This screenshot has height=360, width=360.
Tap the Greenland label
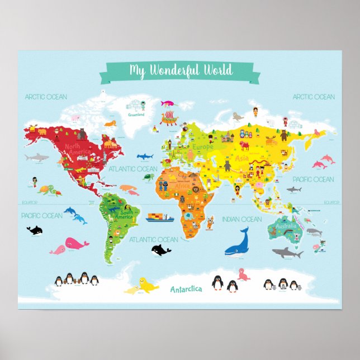tap(136, 115)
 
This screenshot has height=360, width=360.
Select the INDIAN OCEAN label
tap(241, 219)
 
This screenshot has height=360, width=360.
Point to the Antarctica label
tap(186, 289)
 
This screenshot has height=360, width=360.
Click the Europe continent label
tap(203, 147)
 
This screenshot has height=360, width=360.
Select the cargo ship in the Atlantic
tap(160, 216)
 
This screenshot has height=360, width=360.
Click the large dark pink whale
tap(75, 244)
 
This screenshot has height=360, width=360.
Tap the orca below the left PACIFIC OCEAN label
tap(35, 229)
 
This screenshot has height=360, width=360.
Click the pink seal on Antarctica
tap(243, 274)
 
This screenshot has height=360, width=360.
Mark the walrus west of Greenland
tap(109, 122)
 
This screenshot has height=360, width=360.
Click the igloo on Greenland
tap(133, 105)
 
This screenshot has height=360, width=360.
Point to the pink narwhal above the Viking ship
tap(168, 103)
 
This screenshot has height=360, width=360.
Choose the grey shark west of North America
tap(37, 158)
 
